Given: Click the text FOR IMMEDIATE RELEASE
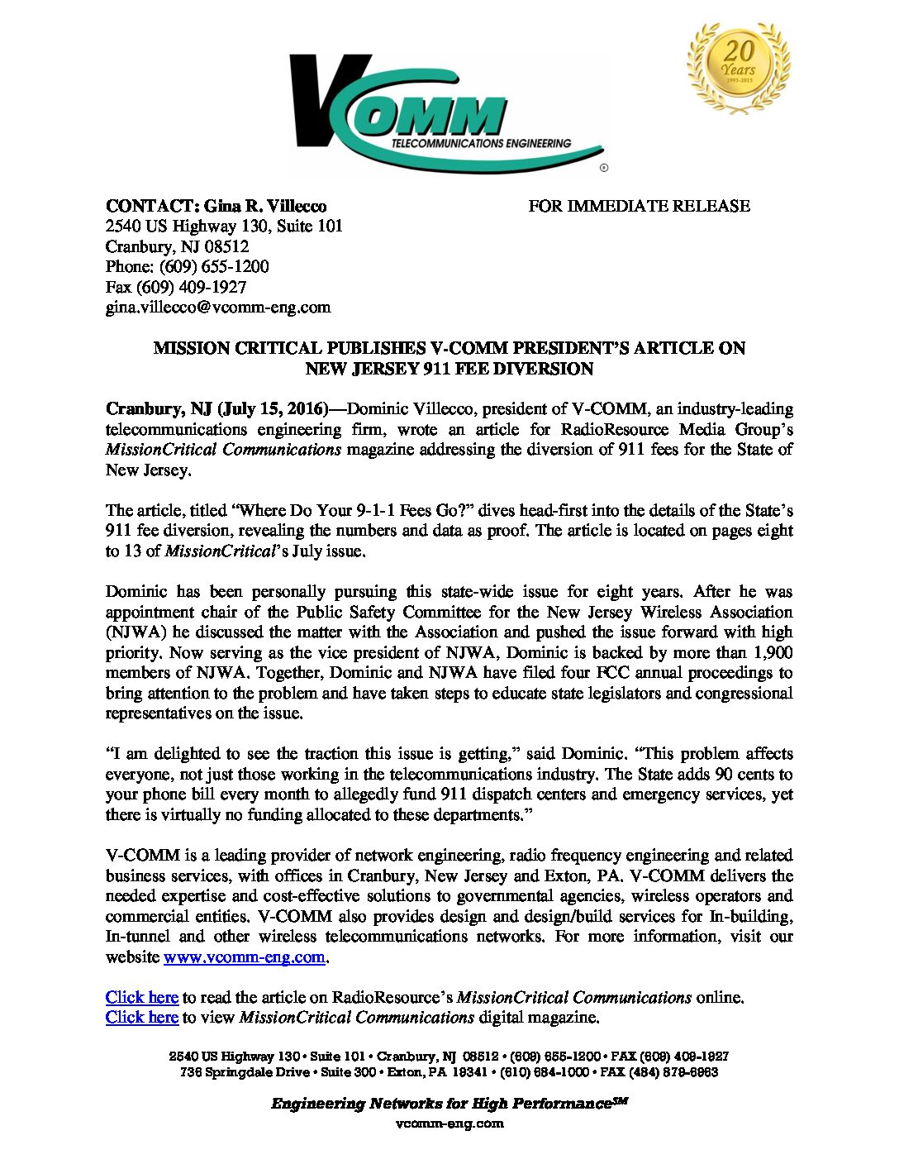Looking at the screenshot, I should click(639, 206).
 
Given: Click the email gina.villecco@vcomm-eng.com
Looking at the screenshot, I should click(218, 308).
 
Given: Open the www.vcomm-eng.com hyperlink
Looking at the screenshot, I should click(245, 957).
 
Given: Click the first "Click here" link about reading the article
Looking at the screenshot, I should click(142, 998).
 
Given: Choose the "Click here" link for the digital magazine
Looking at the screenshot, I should click(142, 1018).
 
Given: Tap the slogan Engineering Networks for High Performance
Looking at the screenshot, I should click(441, 1104).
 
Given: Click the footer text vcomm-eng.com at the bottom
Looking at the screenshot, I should click(449, 1123).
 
